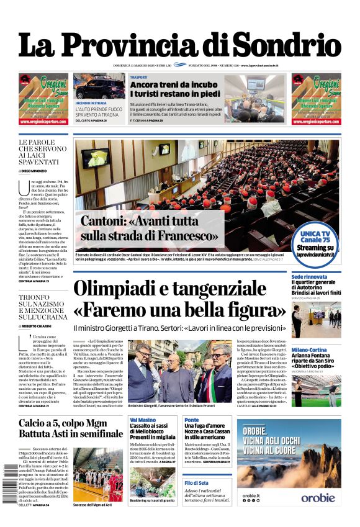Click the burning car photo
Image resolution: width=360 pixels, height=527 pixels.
tap(99, 87)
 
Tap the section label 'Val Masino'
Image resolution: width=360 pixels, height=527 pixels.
tap(143, 420)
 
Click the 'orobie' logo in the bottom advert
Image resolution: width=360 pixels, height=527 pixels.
tap(318, 497)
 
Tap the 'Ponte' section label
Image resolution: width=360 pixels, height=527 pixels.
tap(192, 420)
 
